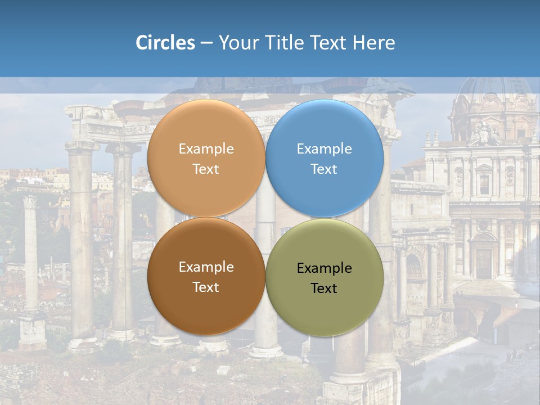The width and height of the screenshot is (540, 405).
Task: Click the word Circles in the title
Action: (x=165, y=43)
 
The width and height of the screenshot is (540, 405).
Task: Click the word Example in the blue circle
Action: (x=324, y=149)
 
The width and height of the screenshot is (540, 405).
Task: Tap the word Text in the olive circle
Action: (x=324, y=288)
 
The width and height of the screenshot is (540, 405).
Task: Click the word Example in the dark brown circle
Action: (x=206, y=267)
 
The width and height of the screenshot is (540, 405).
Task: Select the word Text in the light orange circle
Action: (x=206, y=169)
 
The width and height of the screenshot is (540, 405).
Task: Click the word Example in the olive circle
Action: (x=324, y=268)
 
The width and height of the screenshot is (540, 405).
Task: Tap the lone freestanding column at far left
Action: (x=30, y=253)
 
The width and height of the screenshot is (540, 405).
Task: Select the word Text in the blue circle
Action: (x=324, y=169)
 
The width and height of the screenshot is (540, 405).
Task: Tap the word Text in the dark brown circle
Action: (x=206, y=287)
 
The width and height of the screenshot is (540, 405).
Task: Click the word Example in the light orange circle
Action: (x=206, y=149)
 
